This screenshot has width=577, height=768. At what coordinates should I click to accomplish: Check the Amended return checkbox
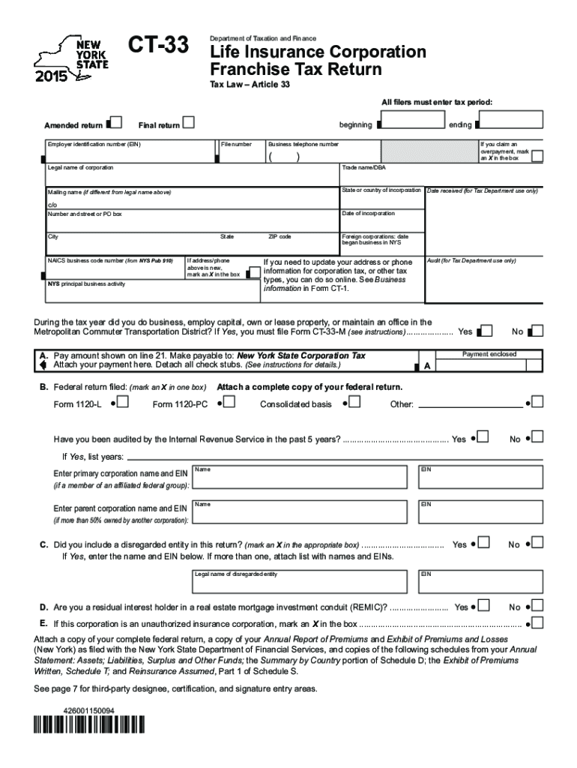pos(115,122)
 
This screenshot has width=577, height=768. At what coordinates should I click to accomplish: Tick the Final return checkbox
pos(190,122)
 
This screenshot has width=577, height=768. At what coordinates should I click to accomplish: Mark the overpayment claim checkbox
pos(536,155)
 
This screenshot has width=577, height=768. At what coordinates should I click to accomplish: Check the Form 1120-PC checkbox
pos(229,403)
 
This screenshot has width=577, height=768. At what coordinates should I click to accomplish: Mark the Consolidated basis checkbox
pos(354,403)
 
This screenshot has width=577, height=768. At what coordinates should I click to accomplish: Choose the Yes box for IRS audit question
pos(485,437)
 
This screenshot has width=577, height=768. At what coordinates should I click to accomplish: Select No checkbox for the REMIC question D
pos(537,605)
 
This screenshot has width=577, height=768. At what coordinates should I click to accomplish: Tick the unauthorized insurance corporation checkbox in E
pos(537,623)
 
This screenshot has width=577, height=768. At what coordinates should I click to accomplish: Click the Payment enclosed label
pos(489,354)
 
